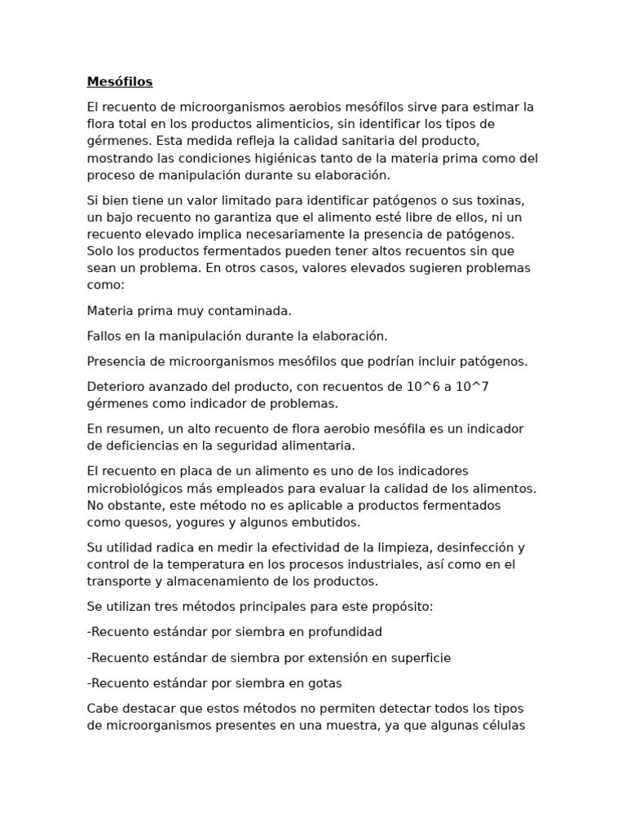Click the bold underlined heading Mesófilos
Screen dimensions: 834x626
pos(120,81)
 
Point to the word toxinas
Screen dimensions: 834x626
pos(502,200)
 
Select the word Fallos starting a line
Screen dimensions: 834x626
pos(104,336)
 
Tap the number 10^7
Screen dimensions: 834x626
pos(472,386)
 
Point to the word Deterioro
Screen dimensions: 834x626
pos(116,386)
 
